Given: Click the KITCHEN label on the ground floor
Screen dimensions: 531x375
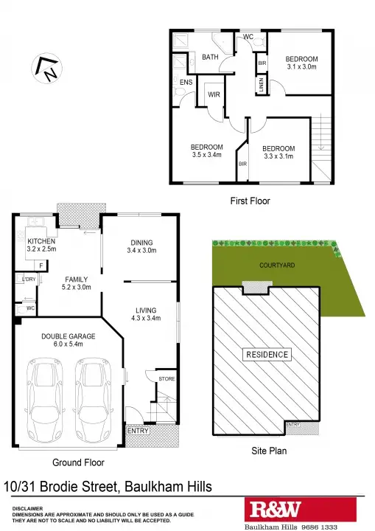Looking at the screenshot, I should click(41, 241).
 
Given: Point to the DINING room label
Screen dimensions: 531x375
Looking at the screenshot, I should click(142, 243).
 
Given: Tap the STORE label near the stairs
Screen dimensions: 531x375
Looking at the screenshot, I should click(167, 379).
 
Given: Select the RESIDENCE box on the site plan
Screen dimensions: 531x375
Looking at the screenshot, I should click(267, 355).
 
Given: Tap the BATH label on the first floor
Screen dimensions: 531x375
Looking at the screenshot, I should click(211, 57).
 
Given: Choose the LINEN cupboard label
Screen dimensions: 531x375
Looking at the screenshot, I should click(262, 86).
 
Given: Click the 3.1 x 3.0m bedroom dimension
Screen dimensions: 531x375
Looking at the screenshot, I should click(302, 67).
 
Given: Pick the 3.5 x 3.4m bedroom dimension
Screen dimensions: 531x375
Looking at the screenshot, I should click(206, 155).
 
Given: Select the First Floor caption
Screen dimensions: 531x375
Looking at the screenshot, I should click(250, 201).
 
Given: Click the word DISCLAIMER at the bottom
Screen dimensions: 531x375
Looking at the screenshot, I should click(27, 508).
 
